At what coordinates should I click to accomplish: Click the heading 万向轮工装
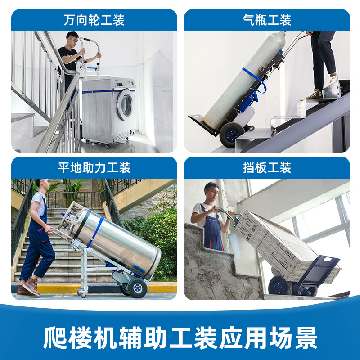[94, 20]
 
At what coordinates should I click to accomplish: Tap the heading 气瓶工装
[267, 20]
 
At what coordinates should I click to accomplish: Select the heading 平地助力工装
[94, 168]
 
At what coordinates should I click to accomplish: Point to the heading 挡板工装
[267, 168]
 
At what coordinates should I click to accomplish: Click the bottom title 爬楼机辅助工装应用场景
[180, 337]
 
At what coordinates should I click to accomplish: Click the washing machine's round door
[126, 104]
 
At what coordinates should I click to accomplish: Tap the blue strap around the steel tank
[95, 232]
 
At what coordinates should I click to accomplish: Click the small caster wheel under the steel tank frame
[82, 294]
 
